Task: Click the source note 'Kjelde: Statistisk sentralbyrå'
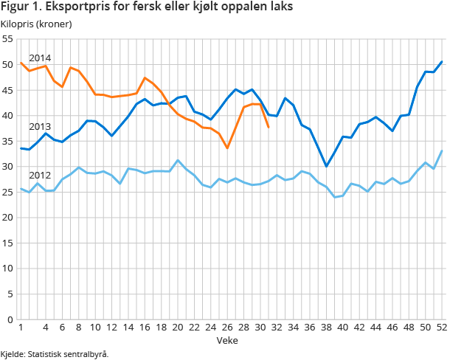point(55,354)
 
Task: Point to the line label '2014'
point(40,58)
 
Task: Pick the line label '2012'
point(40,176)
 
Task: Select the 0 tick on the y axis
point(10,319)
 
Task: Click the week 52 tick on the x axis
point(441,328)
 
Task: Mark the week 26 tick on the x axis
point(227,328)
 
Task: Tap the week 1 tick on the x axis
point(21,328)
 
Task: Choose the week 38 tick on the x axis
point(326,328)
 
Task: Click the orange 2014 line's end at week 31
point(269,127)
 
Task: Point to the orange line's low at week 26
point(227,148)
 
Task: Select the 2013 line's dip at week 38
point(326,166)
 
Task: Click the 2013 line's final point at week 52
point(441,62)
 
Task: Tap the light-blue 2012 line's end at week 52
point(441,150)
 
